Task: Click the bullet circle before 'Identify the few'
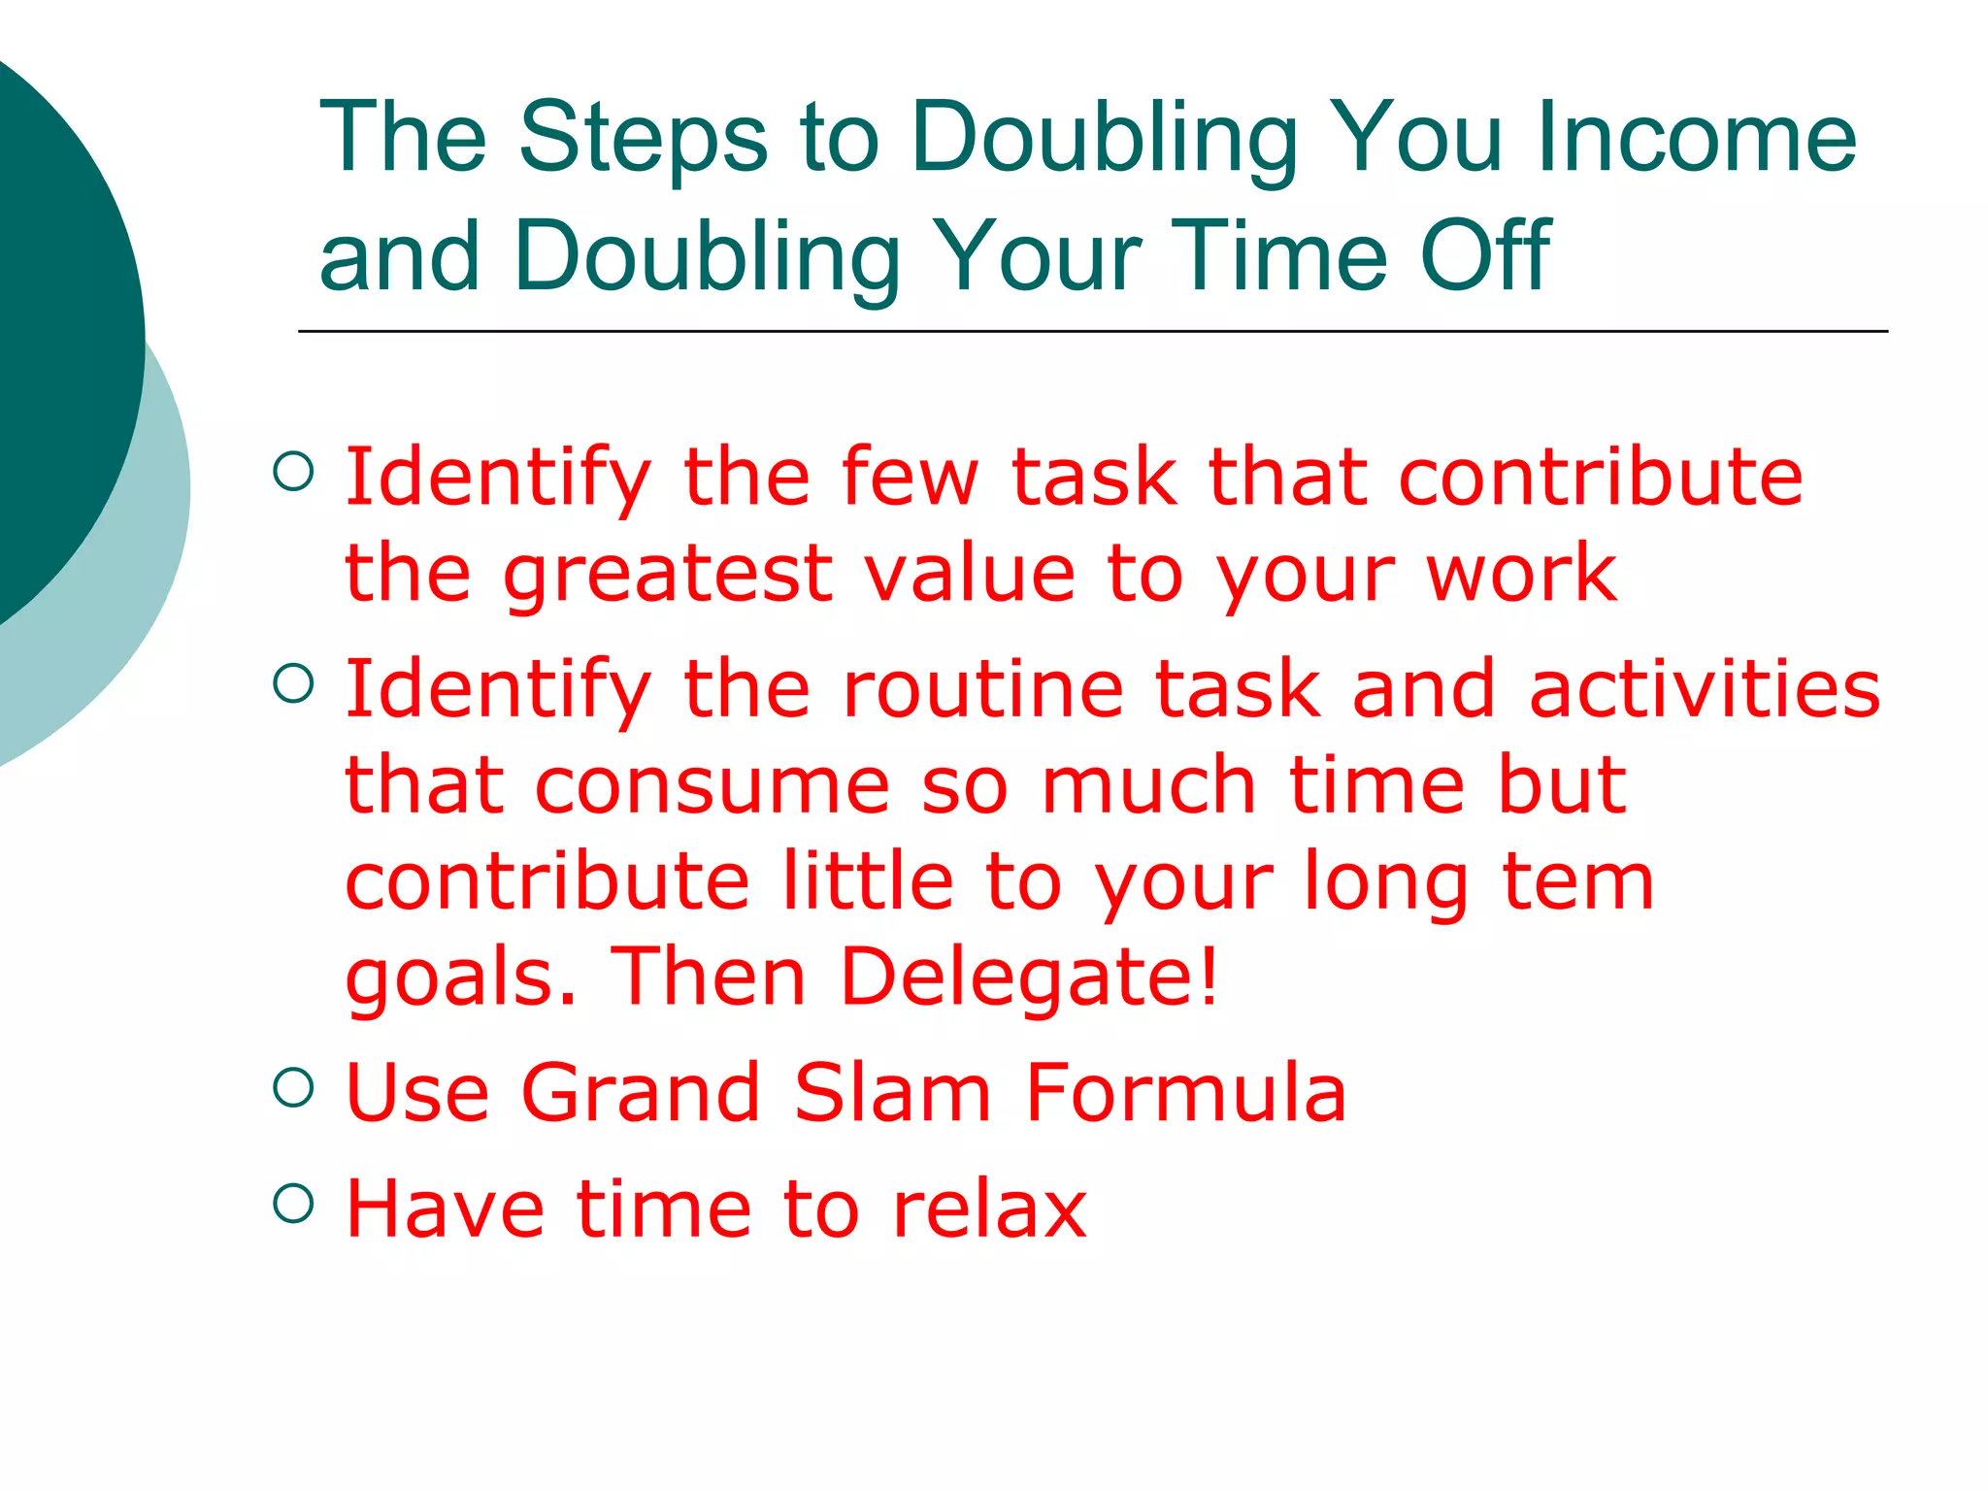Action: pos(293,472)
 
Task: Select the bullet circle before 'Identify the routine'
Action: pos(293,683)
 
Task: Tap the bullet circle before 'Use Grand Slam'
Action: pos(293,1088)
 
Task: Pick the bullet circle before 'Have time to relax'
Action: pos(293,1204)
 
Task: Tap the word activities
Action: pos(1705,689)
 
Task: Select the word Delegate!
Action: pos(1029,977)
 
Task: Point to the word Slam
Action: pos(892,1093)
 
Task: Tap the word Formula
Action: pos(1185,1093)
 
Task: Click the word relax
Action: pos(989,1209)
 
